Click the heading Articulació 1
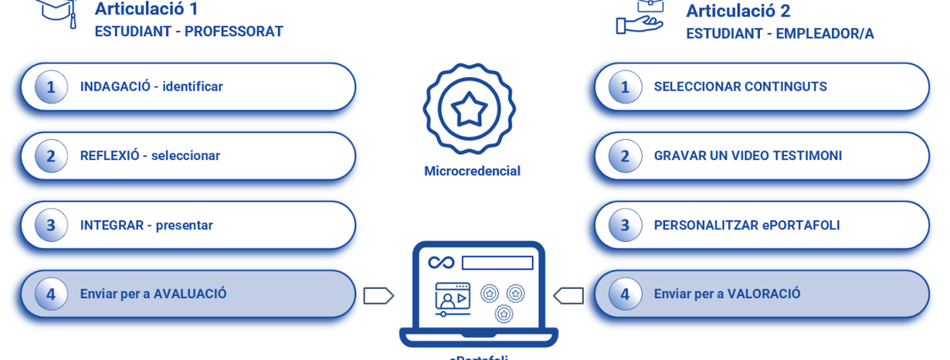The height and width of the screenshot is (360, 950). coord(146,9)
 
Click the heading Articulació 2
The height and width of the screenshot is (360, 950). coord(738,11)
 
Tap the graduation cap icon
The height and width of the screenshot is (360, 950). coord(58,10)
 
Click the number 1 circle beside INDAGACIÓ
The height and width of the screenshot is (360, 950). coord(51,87)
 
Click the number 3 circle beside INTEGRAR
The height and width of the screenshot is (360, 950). coord(51,225)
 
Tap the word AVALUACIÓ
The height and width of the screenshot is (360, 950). coord(190,294)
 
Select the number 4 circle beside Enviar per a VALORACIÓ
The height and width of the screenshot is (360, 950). coord(625,294)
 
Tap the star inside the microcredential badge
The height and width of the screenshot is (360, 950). coord(469,109)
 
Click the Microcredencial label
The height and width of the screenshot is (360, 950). coord(472,171)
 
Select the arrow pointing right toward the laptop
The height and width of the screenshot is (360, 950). coord(378,295)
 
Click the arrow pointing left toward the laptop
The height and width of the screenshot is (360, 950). coord(568,295)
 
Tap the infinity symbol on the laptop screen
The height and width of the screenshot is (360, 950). coord(441,263)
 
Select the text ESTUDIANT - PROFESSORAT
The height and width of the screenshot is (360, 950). coord(189,32)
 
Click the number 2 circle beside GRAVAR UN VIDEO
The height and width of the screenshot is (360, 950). coord(625,156)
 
